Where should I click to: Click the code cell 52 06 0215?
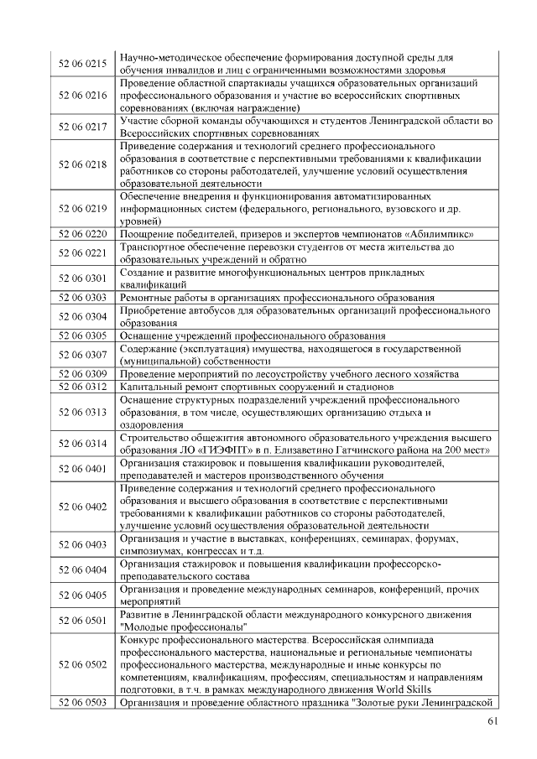coord(82,64)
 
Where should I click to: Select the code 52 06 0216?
coord(82,96)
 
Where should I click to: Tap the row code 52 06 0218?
coord(82,164)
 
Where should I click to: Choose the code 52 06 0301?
coord(82,278)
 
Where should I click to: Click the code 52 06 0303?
coord(82,297)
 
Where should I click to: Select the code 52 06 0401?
coord(82,468)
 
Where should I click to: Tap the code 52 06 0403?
coord(82,544)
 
